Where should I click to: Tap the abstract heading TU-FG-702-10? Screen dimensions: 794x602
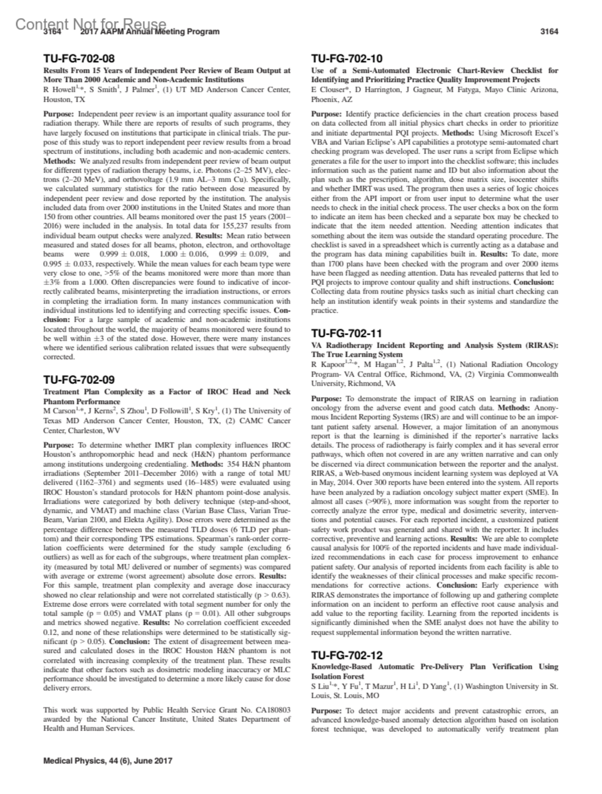click(x=347, y=59)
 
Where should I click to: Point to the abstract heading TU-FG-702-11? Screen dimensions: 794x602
click(x=347, y=333)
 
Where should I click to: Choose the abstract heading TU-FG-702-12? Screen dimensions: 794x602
click(x=347, y=655)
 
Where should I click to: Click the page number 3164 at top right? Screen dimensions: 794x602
click(x=549, y=32)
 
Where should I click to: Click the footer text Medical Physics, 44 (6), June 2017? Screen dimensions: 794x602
click(x=108, y=760)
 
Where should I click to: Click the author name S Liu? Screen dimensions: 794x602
click(x=322, y=686)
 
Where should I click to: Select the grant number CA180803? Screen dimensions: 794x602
click(x=272, y=710)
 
